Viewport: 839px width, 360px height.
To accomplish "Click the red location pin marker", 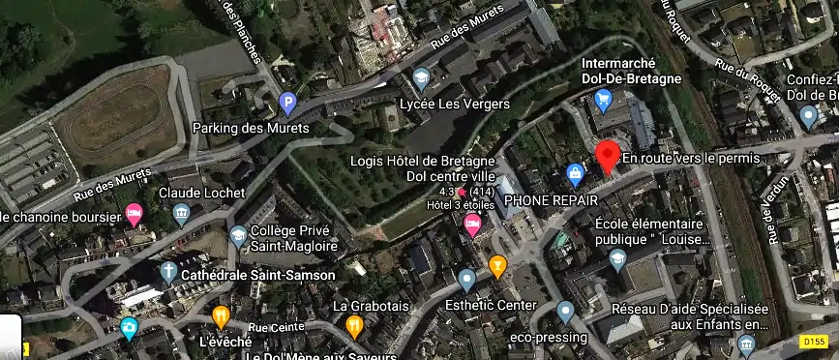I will (x=607, y=156).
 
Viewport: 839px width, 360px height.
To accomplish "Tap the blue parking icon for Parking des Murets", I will (x=286, y=102).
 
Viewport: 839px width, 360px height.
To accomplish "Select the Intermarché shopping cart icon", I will (x=603, y=98).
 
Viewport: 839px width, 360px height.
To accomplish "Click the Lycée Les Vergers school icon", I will (x=421, y=77).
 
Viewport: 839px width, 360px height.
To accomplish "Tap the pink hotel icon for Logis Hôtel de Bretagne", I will (x=473, y=226).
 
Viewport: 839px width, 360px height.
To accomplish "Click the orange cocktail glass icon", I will (x=498, y=265).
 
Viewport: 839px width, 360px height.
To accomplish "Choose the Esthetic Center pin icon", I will (x=467, y=281).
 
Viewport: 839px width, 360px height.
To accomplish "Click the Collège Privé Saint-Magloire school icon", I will (x=238, y=235).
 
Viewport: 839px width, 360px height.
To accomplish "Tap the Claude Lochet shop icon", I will (x=181, y=215).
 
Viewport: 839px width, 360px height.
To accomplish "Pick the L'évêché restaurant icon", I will (x=221, y=316).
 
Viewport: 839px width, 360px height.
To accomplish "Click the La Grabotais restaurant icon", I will (x=354, y=326).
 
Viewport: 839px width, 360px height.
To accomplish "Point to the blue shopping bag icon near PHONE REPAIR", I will (x=575, y=174).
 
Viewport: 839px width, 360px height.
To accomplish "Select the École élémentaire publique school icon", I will (x=617, y=258).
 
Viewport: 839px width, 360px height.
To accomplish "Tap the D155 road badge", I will (x=816, y=342).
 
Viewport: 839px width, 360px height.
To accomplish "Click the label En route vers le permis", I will (x=691, y=158).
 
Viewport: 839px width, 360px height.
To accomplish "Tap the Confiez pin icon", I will (x=809, y=117).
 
